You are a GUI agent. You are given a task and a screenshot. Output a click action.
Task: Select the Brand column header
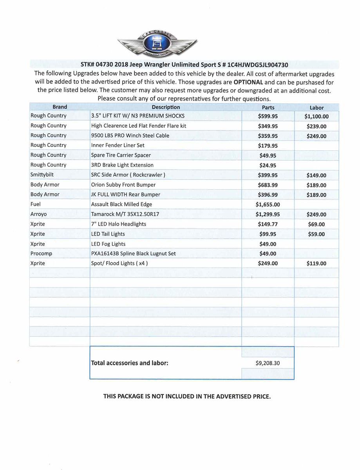click(x=60, y=107)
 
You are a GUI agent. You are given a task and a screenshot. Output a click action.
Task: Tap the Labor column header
click(x=317, y=108)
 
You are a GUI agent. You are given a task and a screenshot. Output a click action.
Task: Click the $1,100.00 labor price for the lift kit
click(x=317, y=116)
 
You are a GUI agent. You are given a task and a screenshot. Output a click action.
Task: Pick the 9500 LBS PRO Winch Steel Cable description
click(x=130, y=136)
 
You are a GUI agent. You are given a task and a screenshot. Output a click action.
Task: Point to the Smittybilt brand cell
click(x=42, y=175)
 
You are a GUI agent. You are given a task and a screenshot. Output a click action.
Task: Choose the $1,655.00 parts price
click(x=268, y=204)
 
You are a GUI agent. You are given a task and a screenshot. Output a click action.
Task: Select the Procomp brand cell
click(x=41, y=253)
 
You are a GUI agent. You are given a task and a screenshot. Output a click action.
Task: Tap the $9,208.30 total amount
click(x=268, y=363)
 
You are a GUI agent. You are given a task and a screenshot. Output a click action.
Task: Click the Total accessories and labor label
click(x=130, y=363)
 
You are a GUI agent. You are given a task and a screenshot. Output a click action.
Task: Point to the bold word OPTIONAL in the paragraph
click(x=248, y=82)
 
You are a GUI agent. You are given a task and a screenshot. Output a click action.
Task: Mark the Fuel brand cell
click(x=36, y=204)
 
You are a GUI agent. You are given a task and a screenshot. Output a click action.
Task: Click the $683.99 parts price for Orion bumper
click(x=268, y=185)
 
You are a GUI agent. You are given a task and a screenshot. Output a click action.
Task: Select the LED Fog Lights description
click(x=108, y=244)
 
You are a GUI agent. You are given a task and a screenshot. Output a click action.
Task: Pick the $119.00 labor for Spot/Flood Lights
click(x=317, y=264)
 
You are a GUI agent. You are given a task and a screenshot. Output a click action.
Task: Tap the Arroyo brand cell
click(x=38, y=214)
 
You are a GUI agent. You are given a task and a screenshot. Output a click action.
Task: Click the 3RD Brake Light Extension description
click(x=122, y=165)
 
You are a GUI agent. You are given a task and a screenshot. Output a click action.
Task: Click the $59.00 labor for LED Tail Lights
click(x=317, y=234)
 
